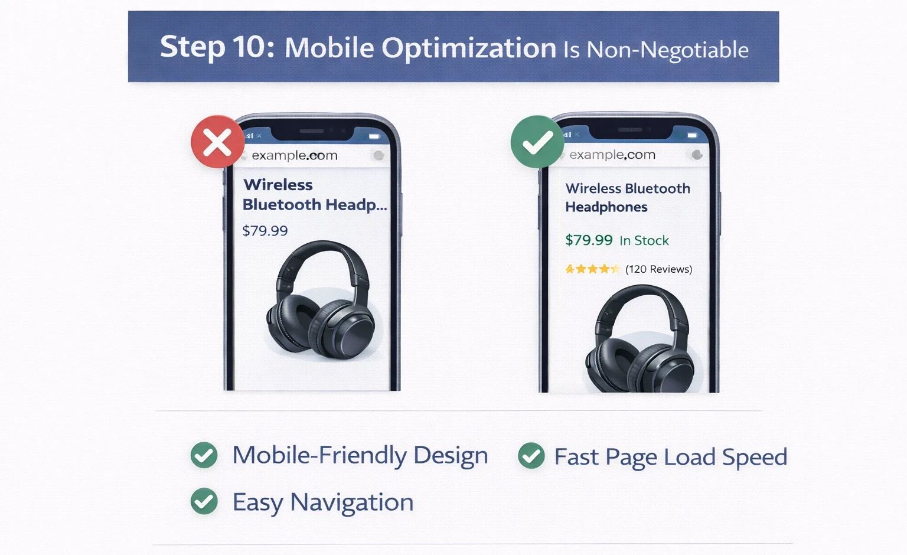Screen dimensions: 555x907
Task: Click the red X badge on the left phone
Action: pyautogui.click(x=217, y=142)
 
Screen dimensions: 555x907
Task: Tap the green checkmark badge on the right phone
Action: pyautogui.click(x=537, y=142)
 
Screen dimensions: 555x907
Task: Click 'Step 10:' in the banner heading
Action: pyautogui.click(x=217, y=47)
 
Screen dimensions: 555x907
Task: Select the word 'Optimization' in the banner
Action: pyautogui.click(x=469, y=48)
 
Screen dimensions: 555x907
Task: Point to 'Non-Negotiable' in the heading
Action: pyautogui.click(x=667, y=50)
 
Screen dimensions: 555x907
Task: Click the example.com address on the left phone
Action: pyautogui.click(x=295, y=155)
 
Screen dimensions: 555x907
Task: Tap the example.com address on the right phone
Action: pyautogui.click(x=612, y=155)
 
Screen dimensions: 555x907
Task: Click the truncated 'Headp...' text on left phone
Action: pyautogui.click(x=356, y=205)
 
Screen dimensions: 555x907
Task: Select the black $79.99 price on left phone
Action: pyautogui.click(x=265, y=231)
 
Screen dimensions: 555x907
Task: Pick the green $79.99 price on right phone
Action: pyautogui.click(x=589, y=240)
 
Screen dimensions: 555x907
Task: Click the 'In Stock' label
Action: pyautogui.click(x=644, y=240)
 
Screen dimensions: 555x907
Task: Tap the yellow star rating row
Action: pyautogui.click(x=592, y=269)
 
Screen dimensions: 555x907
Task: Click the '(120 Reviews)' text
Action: pyautogui.click(x=659, y=269)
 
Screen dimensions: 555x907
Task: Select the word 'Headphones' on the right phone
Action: pyautogui.click(x=606, y=207)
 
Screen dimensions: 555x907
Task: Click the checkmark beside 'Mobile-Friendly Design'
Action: pyautogui.click(x=204, y=455)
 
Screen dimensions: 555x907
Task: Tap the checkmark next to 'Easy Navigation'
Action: pyautogui.click(x=204, y=501)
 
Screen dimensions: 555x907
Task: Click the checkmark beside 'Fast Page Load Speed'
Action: pyautogui.click(x=531, y=456)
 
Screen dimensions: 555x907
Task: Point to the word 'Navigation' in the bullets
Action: pyautogui.click(x=352, y=502)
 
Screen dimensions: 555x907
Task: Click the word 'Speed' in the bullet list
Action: pyautogui.click(x=755, y=457)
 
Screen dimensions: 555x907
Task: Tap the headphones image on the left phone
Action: pyautogui.click(x=321, y=301)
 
